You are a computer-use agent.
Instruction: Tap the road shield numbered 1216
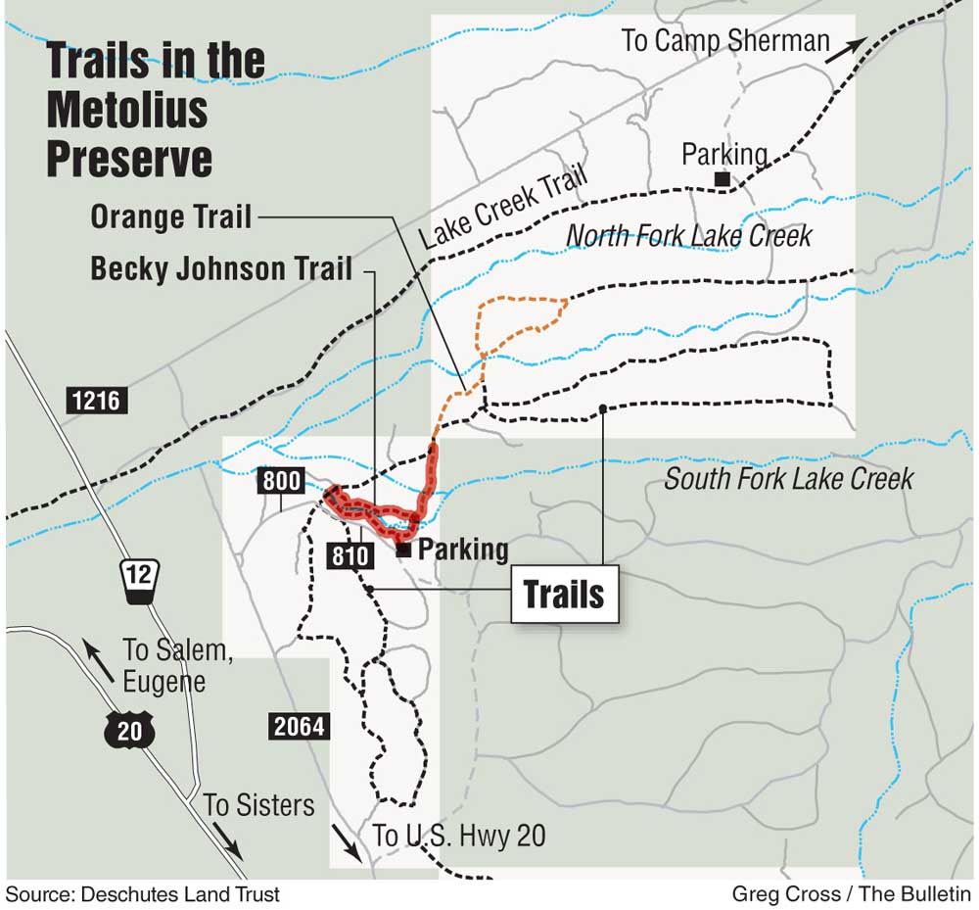point(98,400)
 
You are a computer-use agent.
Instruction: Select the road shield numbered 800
point(281,481)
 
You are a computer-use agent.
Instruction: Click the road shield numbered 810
point(350,557)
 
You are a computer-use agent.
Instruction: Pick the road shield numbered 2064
point(296,726)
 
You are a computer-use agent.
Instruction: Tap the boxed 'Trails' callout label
point(564,594)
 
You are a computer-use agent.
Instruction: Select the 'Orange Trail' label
point(171,216)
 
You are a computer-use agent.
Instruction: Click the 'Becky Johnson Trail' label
point(221,268)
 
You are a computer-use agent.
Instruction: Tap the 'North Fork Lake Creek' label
point(689,236)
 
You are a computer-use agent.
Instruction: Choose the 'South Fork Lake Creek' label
point(789,479)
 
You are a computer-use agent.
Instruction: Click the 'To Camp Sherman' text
point(725,41)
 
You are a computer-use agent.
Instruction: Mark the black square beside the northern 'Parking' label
point(722,178)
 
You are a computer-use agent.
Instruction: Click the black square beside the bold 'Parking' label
point(403,551)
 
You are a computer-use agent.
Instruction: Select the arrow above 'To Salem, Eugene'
point(93,651)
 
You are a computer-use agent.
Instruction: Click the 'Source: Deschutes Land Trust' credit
point(143,893)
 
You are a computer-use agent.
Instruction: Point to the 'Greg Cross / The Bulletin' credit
point(851,893)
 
